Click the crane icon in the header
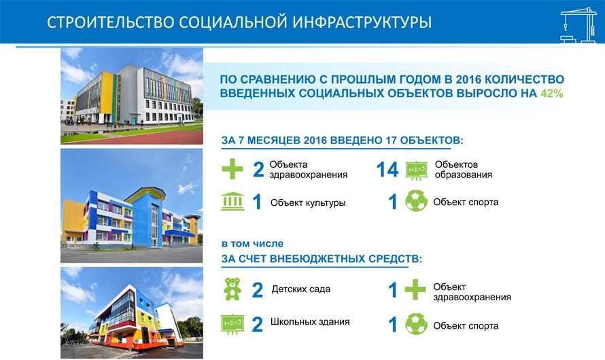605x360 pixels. [x=578, y=25]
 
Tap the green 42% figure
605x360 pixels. [x=552, y=93]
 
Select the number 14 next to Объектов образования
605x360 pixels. [x=387, y=170]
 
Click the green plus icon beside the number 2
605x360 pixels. [x=232, y=169]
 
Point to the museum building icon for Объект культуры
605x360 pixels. [x=232, y=201]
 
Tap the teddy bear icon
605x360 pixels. [x=232, y=289]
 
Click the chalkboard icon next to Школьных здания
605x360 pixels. [x=232, y=324]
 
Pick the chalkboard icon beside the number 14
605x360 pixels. [x=416, y=170]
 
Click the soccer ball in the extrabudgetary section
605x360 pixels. [x=416, y=324]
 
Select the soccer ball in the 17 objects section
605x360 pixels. [x=416, y=201]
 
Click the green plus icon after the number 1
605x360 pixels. [x=415, y=289]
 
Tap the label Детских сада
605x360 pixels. [x=301, y=289]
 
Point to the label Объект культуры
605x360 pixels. [x=308, y=202]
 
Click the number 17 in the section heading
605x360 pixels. [x=392, y=141]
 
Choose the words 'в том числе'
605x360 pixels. [x=252, y=244]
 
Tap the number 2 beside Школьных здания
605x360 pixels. [x=258, y=325]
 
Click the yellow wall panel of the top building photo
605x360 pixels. [x=107, y=92]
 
